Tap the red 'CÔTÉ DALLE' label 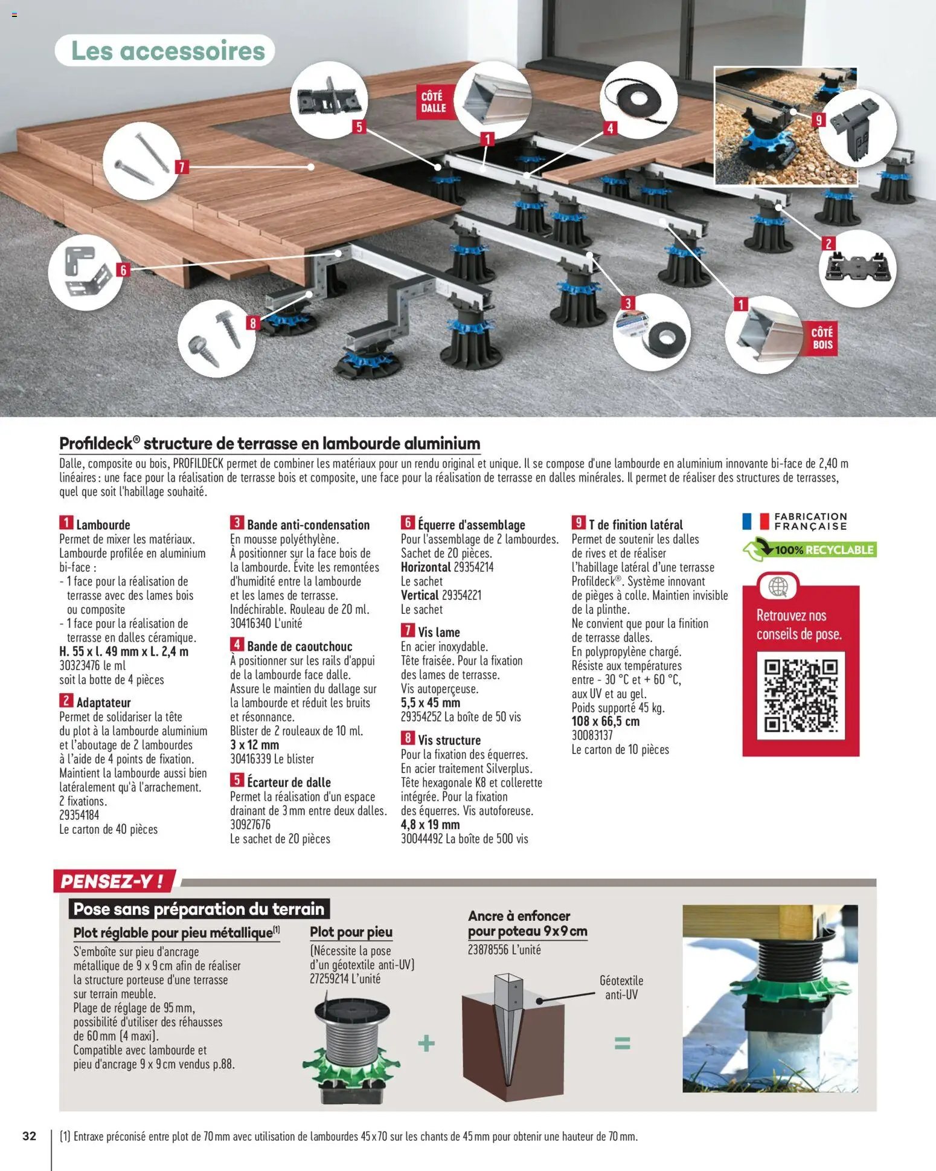click(433, 102)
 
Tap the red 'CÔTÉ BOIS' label click(822, 338)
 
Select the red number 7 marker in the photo click(182, 167)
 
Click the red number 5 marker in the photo click(359, 127)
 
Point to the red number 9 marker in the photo click(819, 120)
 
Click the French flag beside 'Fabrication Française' click(755, 521)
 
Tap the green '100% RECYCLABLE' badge click(809, 550)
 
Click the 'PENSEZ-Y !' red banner click(114, 881)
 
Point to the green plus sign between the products click(426, 1044)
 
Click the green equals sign click(622, 1044)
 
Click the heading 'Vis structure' click(449, 740)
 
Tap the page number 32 click(29, 1136)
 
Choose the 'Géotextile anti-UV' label click(621, 987)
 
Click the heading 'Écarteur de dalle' click(289, 782)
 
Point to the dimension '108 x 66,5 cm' click(606, 721)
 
